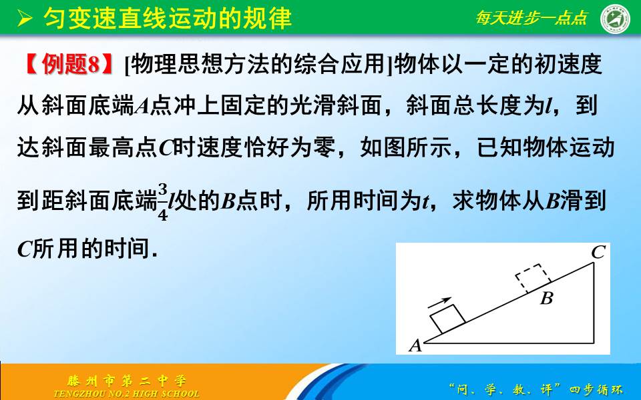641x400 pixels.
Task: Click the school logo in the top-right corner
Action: (616, 19)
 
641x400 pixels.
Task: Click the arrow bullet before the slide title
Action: (25, 19)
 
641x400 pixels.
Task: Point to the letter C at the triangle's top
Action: (598, 252)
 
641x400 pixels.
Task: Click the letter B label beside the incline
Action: (546, 298)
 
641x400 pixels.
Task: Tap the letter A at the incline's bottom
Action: (415, 345)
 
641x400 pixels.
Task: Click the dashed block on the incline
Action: (534, 279)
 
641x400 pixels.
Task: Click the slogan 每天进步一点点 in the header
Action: (531, 19)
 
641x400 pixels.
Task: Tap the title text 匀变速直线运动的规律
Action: (168, 19)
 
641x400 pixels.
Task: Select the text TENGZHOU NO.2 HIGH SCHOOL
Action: (126, 393)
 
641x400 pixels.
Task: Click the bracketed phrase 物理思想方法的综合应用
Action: (256, 65)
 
